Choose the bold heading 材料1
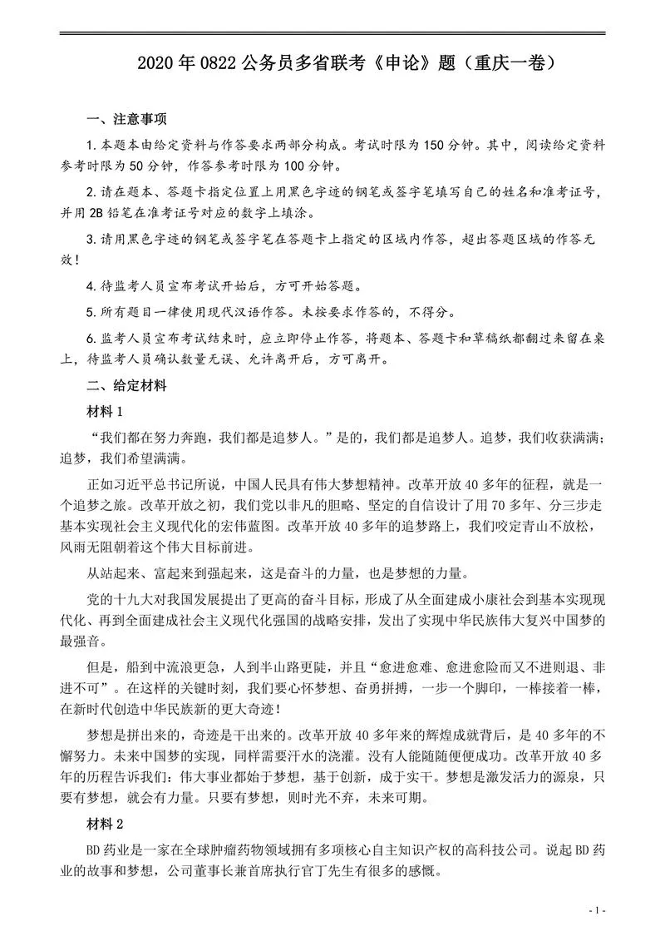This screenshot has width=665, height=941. point(105,412)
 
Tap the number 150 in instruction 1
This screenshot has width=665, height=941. point(437,145)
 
